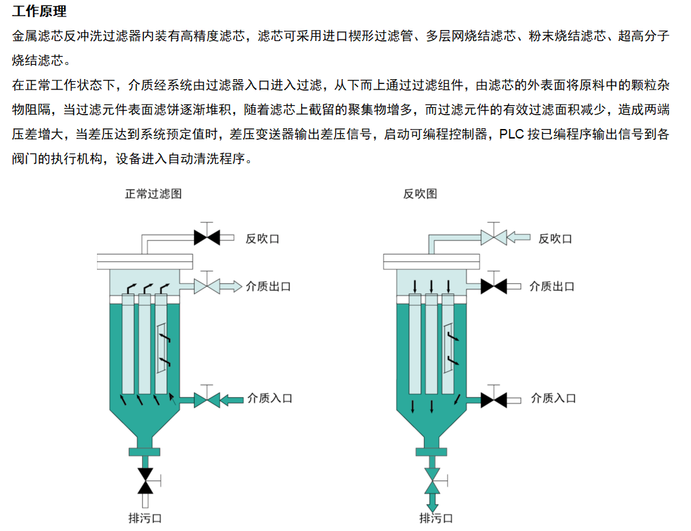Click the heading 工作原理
pos(40,12)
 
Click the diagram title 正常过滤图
pos(153,194)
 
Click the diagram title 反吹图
pos(420,194)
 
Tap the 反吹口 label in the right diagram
pos(555,238)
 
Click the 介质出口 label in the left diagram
pos(268,287)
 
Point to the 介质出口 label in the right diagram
pos(552,287)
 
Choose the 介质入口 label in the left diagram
pos(270,398)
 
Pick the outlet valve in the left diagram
pos(206,286)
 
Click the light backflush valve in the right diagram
pos(493,238)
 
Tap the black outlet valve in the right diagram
pos(493,286)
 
